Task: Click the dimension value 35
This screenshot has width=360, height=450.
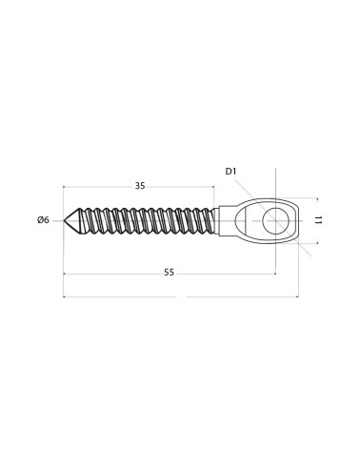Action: click(x=140, y=186)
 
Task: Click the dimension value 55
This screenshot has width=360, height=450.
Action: click(x=170, y=273)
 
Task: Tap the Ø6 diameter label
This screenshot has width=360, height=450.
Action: click(x=43, y=220)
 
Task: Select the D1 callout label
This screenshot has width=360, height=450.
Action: click(x=231, y=172)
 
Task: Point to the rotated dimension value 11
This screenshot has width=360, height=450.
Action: click(x=319, y=220)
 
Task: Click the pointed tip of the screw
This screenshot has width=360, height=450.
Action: click(x=64, y=220)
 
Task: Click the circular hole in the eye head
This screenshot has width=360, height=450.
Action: click(x=275, y=220)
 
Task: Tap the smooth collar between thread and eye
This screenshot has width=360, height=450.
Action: click(x=216, y=221)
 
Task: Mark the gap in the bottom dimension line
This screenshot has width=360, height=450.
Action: click(x=181, y=297)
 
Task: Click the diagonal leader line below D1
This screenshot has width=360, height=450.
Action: click(x=273, y=218)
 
